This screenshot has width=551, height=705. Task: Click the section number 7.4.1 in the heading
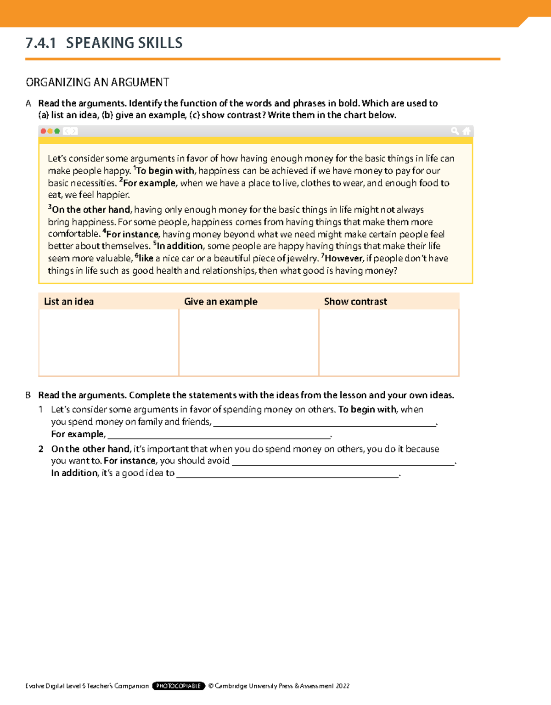pyautogui.click(x=40, y=43)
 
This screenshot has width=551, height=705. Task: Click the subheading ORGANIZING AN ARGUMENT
pyautogui.click(x=97, y=83)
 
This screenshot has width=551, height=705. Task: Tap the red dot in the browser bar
pyautogui.click(x=44, y=131)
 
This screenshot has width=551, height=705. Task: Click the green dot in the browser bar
pyautogui.click(x=57, y=131)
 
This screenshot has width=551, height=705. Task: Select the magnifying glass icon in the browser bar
pyautogui.click(x=455, y=131)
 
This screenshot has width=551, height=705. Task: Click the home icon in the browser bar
pyautogui.click(x=467, y=131)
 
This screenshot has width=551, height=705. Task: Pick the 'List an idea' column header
pyautogui.click(x=69, y=302)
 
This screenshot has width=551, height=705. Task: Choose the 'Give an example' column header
pyautogui.click(x=220, y=302)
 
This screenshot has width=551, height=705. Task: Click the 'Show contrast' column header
pyautogui.click(x=355, y=302)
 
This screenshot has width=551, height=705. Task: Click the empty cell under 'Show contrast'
pyautogui.click(x=388, y=342)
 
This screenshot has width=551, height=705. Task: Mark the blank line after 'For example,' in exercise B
pyautogui.click(x=219, y=435)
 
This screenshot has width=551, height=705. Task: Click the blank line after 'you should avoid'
pyautogui.click(x=343, y=462)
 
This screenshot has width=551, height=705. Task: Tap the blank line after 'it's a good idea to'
pyautogui.click(x=288, y=474)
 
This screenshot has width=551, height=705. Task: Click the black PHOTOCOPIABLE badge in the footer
pyautogui.click(x=178, y=686)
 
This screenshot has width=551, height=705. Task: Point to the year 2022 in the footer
pyautogui.click(x=343, y=686)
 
